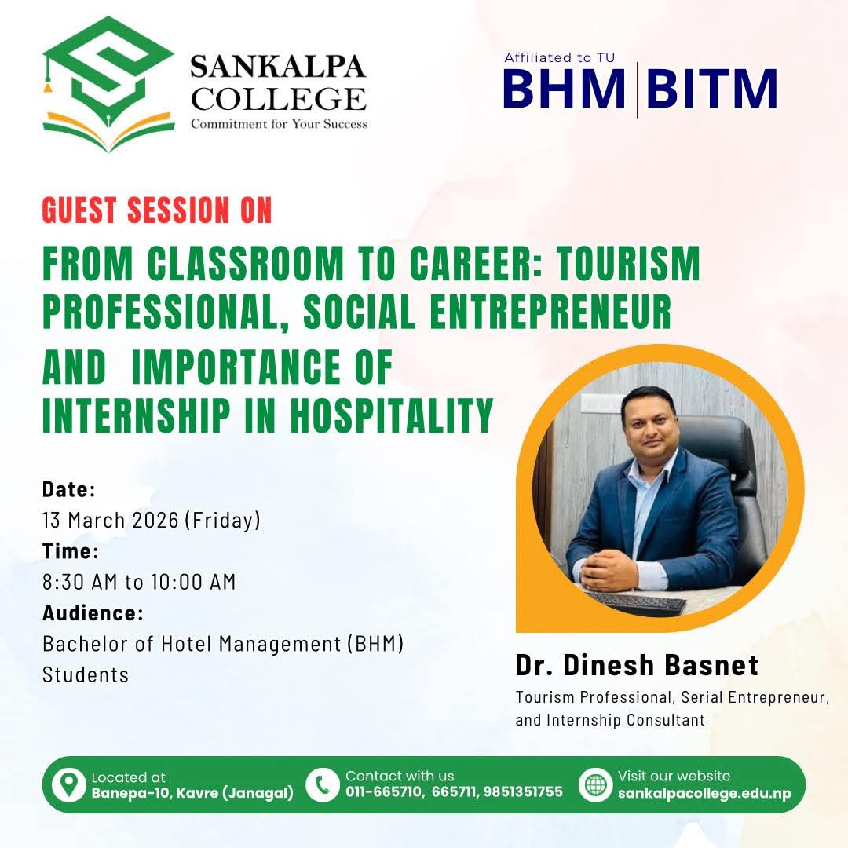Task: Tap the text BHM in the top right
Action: point(563,89)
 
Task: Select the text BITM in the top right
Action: point(712,89)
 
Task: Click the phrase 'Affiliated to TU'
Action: point(559,57)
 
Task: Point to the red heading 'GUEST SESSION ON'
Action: point(157,210)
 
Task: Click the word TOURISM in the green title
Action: point(627,265)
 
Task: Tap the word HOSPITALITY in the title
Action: point(393,416)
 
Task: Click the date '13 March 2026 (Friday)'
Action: point(151,520)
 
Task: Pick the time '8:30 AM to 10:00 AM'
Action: point(139,582)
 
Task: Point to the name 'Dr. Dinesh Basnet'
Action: point(637,665)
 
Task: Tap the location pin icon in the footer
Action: point(69,784)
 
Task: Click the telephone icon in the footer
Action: point(322,784)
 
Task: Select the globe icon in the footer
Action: point(596,784)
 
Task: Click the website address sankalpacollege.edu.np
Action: point(704,793)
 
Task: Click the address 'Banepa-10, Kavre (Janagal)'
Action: point(192,793)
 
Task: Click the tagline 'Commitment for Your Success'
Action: point(280,123)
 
